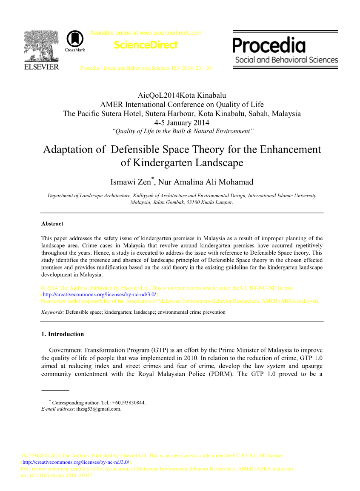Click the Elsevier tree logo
point(41,46)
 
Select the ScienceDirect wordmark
point(146,45)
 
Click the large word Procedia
point(269,45)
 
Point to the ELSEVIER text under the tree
point(41,67)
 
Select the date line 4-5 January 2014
point(182,123)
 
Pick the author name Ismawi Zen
point(130,182)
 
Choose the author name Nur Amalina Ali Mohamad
point(206,182)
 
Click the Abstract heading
point(52,224)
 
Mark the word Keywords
point(52,312)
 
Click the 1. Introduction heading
point(63,334)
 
